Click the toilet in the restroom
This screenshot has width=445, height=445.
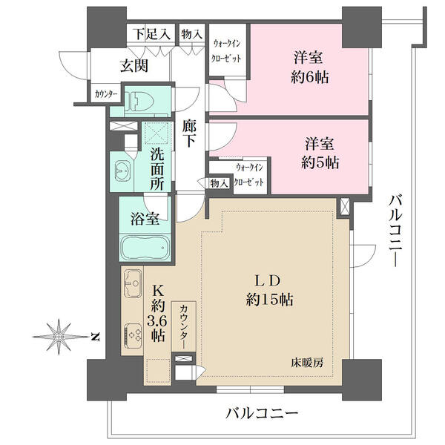(x=139, y=102)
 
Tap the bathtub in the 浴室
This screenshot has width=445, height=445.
(x=145, y=247)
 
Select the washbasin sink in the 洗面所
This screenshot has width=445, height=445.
(x=123, y=171)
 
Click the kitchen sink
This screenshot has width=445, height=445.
(x=133, y=283)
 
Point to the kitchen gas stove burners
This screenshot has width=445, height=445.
(x=133, y=335)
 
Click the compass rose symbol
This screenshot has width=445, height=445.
(x=59, y=337)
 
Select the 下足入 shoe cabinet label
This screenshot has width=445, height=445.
(x=152, y=34)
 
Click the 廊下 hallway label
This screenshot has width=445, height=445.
(x=188, y=133)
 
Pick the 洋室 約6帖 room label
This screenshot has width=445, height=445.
(x=309, y=67)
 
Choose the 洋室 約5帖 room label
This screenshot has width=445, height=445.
(x=320, y=154)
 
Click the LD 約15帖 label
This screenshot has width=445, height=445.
(x=269, y=290)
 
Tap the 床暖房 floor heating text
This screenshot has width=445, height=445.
(x=307, y=363)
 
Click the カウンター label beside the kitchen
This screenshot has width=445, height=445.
(x=184, y=326)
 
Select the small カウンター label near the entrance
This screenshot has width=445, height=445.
(x=106, y=93)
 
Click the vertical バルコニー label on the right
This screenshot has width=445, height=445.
(x=395, y=231)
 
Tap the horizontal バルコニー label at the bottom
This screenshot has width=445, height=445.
(x=262, y=413)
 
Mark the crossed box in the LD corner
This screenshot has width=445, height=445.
(x=345, y=206)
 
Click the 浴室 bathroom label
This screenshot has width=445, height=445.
(x=145, y=219)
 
